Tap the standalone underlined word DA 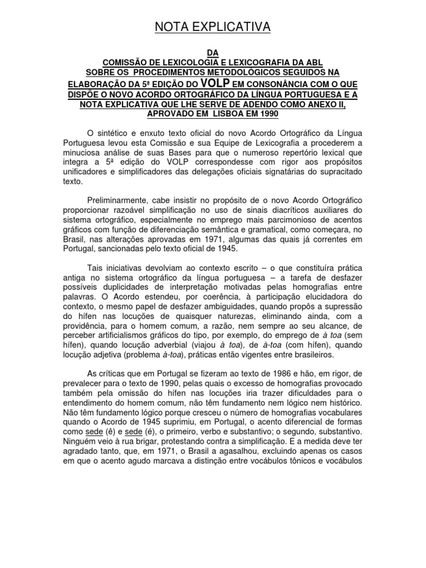coord(213,53)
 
